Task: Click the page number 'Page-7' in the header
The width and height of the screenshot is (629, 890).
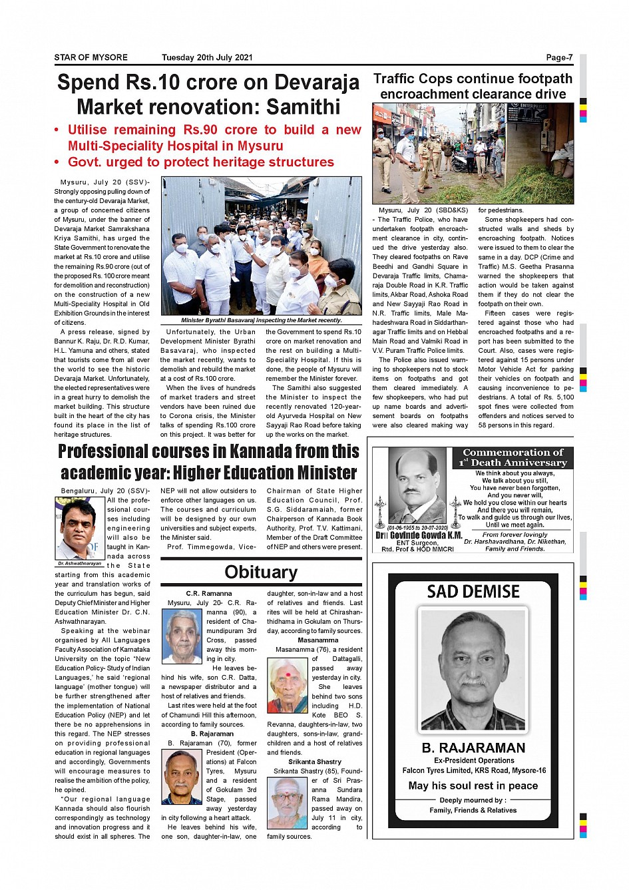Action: (558, 57)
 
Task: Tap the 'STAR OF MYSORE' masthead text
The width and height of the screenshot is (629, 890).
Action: (91, 57)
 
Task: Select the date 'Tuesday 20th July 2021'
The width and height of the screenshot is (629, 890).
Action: (207, 57)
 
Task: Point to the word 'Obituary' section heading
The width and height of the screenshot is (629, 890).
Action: (261, 572)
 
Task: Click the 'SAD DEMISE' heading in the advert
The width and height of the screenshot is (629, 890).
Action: (473, 591)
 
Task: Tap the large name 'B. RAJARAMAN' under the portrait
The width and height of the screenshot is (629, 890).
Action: (473, 748)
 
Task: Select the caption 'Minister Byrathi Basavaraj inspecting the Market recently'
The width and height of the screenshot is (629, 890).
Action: (262, 320)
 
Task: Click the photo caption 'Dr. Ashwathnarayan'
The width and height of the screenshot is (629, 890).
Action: (79, 563)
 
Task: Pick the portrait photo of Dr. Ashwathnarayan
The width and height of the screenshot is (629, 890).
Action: (80, 529)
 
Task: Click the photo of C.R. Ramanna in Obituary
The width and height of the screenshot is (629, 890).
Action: (182, 636)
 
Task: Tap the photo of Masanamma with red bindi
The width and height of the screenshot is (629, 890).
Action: (288, 685)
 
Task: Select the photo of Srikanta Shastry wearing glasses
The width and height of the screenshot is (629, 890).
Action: (288, 803)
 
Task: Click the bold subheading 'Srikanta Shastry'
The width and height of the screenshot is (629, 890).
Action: (315, 762)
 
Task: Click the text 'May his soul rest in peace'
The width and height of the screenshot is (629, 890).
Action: (473, 785)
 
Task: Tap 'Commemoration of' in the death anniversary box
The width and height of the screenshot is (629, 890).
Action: (513, 452)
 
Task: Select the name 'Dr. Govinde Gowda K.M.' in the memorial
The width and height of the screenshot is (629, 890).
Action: (419, 535)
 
